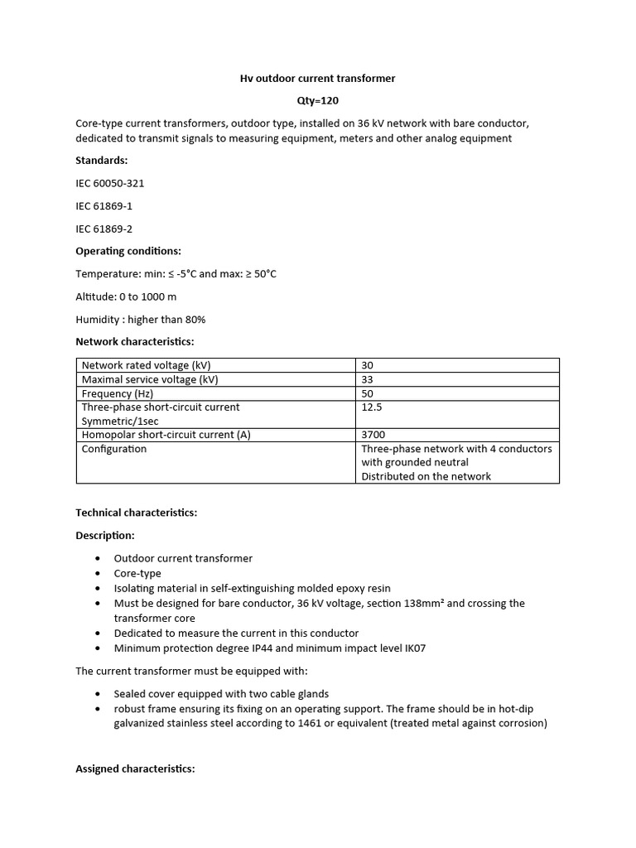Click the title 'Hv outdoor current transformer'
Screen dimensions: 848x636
tap(317, 79)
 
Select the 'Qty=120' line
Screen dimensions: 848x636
tap(317, 101)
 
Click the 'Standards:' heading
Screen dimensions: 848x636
tap(102, 161)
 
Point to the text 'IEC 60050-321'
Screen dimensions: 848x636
tap(109, 183)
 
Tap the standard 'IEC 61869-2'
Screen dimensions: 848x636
tap(104, 229)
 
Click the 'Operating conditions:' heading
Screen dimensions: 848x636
tap(128, 251)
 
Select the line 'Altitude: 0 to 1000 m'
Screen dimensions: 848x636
tap(126, 296)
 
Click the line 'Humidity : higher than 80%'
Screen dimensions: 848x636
tap(140, 319)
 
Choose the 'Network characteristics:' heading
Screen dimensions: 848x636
tap(134, 341)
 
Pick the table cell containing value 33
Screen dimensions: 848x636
tap(368, 379)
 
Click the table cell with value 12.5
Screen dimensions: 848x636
tap(372, 407)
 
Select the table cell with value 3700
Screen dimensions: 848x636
tap(373, 435)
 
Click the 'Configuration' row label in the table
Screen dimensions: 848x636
tap(113, 449)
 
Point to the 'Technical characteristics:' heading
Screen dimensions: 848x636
tap(136, 513)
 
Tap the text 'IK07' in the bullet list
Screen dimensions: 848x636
tap(412, 648)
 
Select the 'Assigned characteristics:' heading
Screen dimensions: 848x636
tap(135, 768)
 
